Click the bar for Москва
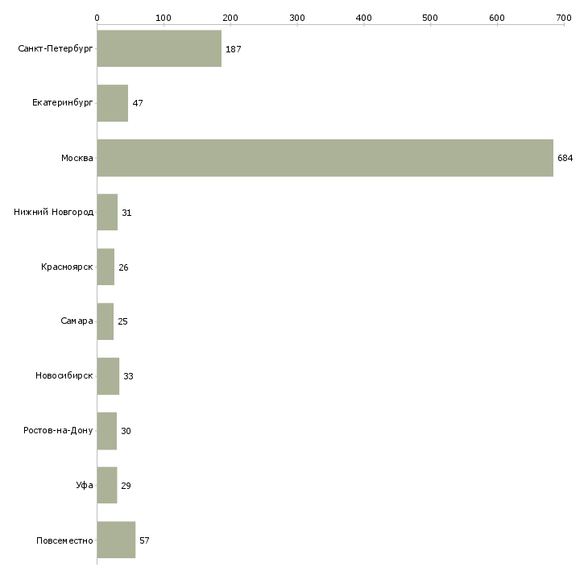(x=325, y=158)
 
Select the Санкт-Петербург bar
(x=159, y=48)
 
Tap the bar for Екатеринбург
(x=113, y=103)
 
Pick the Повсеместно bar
(x=116, y=540)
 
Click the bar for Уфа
(x=107, y=485)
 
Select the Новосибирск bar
(x=109, y=376)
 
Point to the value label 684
(x=565, y=158)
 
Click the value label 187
(x=234, y=49)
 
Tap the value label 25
(x=122, y=321)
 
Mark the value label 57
(x=144, y=540)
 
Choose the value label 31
(x=126, y=213)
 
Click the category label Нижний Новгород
(x=54, y=213)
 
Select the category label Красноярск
(x=67, y=267)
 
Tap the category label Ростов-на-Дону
(x=58, y=430)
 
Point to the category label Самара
(x=77, y=321)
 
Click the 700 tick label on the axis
(x=564, y=18)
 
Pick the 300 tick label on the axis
(x=297, y=18)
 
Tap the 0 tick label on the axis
(x=97, y=18)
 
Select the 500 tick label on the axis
(x=430, y=18)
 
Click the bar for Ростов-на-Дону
(x=107, y=431)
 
